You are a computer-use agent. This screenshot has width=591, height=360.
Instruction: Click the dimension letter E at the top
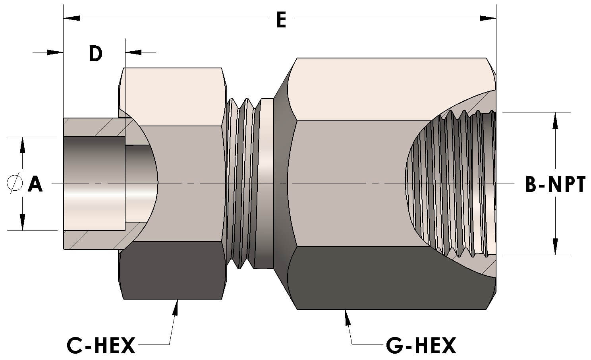click(281, 20)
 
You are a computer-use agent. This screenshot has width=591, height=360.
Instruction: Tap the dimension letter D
click(95, 54)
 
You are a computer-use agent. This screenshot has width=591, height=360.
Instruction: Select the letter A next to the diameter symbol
click(35, 184)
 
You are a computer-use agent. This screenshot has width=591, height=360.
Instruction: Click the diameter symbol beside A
click(14, 183)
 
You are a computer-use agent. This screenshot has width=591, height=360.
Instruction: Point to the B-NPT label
click(555, 184)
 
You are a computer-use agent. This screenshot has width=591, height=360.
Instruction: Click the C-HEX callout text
click(101, 346)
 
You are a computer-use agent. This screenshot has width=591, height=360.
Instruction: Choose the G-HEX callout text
click(421, 346)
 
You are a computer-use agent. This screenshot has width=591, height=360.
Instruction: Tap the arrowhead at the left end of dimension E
click(71, 18)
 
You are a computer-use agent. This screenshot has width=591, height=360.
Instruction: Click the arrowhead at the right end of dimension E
click(488, 18)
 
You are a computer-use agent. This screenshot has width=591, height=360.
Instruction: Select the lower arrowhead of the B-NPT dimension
click(555, 247)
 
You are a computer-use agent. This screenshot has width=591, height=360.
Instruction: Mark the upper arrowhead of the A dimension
click(22, 145)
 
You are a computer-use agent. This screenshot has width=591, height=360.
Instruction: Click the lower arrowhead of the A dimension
click(22, 223)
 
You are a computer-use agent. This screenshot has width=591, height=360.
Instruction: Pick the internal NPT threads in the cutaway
click(453, 183)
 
